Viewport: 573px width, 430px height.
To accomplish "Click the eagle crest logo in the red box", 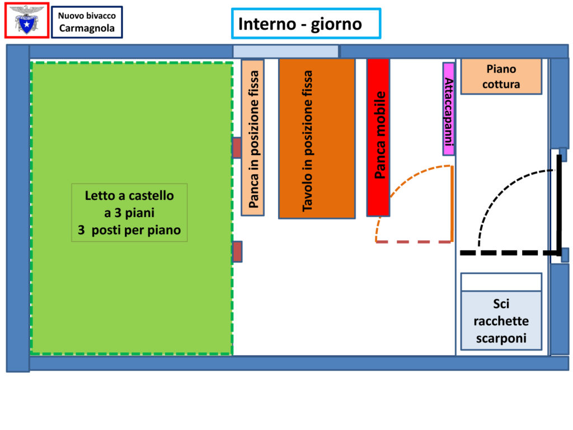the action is (27, 20).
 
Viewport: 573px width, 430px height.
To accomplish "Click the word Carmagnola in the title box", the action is (87, 28).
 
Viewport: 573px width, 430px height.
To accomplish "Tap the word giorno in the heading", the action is (336, 25).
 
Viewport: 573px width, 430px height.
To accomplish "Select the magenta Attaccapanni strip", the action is (448, 109).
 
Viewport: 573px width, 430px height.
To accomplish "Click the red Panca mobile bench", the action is (378, 138).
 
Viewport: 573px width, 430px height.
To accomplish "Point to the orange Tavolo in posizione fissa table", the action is (317, 139).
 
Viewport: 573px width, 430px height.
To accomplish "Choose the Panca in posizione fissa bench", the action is (252, 138).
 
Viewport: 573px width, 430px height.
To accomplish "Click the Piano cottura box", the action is (501, 76).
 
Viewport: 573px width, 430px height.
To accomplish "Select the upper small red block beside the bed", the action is (237, 148).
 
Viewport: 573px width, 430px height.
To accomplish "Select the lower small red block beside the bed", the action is (237, 251).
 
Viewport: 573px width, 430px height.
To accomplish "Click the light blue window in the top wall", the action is (286, 51).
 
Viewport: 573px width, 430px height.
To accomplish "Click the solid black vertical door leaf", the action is (559, 205).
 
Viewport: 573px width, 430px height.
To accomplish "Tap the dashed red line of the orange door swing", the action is (414, 242).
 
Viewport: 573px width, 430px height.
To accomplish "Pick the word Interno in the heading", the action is (267, 24).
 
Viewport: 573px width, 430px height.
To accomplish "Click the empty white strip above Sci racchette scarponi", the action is (501, 282).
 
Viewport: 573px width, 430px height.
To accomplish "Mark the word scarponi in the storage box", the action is (501, 338).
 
